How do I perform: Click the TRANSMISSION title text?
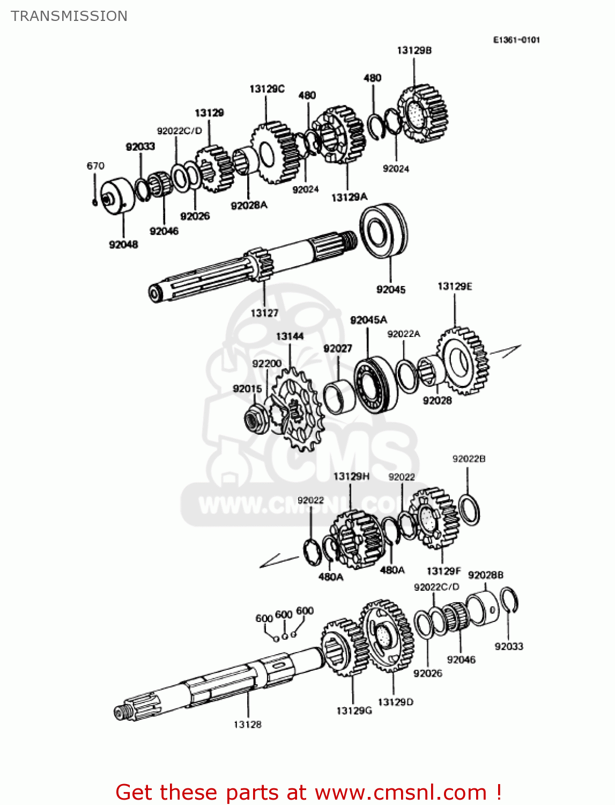coord(69,16)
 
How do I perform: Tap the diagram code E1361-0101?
coord(516,40)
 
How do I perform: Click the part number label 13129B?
coord(414,50)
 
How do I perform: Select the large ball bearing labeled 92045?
coord(384,230)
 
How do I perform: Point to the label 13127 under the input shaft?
coord(264,313)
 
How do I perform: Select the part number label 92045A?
coord(368,320)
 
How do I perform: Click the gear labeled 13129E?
coord(463,361)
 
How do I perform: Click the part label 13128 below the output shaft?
coord(247,724)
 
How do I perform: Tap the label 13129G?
coord(354,711)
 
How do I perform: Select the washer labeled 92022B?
coord(469,509)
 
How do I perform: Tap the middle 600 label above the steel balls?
coord(283,614)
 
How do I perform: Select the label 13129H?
coord(351,477)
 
